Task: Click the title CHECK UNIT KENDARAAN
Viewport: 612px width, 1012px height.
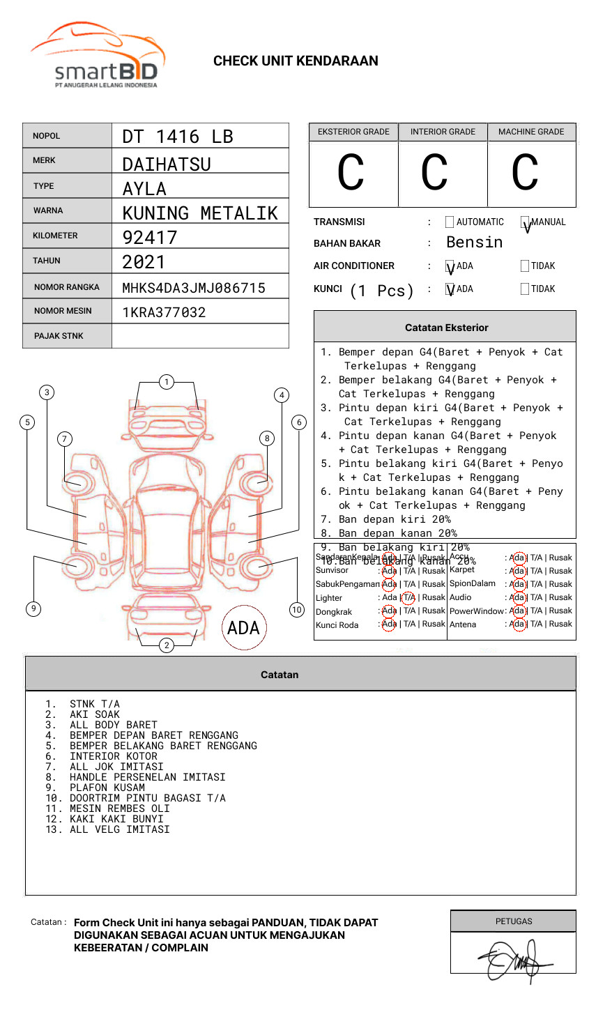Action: [296, 61]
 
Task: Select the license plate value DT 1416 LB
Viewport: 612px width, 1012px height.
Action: [178, 137]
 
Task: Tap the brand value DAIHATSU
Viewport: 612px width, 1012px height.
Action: [167, 164]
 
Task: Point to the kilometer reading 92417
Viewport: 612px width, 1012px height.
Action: [150, 238]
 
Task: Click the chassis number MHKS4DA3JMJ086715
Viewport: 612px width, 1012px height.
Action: [194, 288]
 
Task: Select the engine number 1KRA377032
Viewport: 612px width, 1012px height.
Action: [164, 312]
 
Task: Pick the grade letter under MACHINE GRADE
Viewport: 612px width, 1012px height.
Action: [525, 174]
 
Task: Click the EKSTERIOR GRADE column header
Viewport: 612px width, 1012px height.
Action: [353, 132]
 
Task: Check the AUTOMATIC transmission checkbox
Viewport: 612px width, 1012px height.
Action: [450, 222]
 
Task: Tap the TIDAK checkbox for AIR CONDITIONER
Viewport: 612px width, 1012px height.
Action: [525, 266]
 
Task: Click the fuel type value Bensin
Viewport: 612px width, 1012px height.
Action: [474, 243]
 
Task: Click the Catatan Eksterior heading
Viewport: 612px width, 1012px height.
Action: [446, 328]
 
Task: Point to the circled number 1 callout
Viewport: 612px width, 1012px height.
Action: [166, 381]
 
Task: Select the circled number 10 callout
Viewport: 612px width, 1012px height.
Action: [297, 610]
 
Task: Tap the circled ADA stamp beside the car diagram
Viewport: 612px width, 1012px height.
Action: [243, 628]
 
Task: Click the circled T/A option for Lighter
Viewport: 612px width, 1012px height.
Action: [408, 597]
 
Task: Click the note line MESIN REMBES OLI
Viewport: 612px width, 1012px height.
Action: [119, 808]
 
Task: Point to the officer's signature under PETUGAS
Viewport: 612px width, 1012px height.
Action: [513, 960]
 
